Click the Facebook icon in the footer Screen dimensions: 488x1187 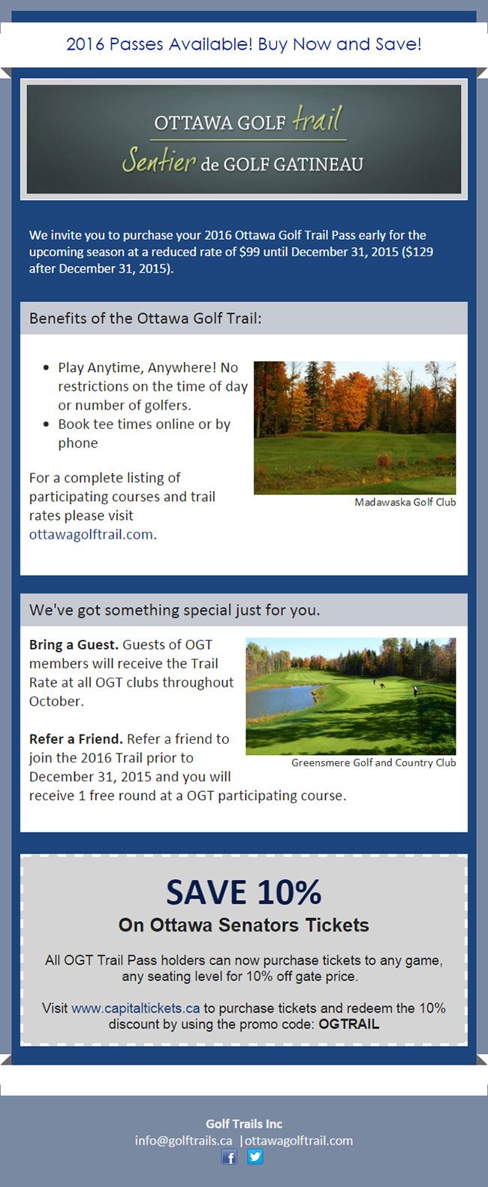click(229, 1157)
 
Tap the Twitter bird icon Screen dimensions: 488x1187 click(255, 1156)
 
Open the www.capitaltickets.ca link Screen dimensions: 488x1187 click(135, 1008)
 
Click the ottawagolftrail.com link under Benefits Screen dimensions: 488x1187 click(91, 534)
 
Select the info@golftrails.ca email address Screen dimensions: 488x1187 click(183, 1140)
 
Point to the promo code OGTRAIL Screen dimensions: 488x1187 click(349, 1024)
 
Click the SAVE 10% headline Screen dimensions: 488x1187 click(244, 893)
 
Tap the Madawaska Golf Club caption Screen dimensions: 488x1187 click(405, 502)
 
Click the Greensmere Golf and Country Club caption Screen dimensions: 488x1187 click(374, 763)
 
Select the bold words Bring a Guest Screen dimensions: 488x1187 click(74, 645)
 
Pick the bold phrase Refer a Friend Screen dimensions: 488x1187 click(77, 738)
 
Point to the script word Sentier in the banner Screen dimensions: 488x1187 click(158, 160)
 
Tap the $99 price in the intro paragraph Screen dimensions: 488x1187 click(249, 252)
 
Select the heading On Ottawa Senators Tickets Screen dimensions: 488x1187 click(244, 926)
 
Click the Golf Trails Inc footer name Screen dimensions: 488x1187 click(244, 1123)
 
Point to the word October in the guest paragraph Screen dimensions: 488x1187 click(56, 701)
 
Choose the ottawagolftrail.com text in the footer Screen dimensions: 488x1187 click(299, 1140)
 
